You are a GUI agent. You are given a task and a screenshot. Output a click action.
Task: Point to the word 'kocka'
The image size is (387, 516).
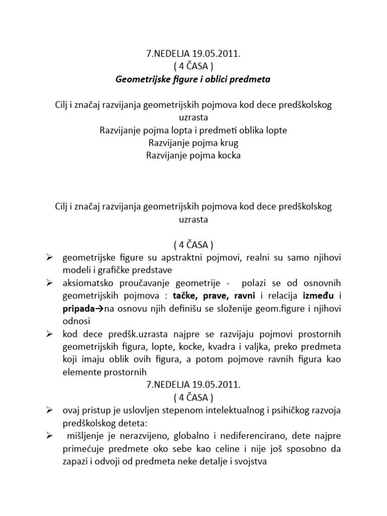[x=228, y=155]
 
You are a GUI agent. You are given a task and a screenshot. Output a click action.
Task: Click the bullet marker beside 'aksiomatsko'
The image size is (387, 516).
[x=50, y=283]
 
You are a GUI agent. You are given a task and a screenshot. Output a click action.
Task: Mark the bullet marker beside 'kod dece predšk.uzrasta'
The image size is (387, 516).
[x=50, y=334]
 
